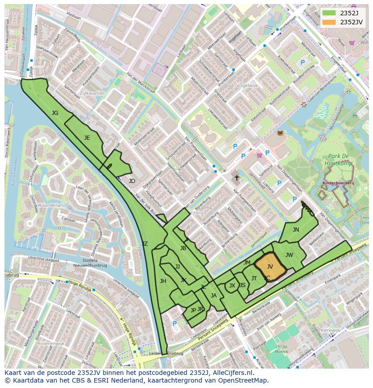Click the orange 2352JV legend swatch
coord(329,22)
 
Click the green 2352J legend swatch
coord(329,13)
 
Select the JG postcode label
coord(55,113)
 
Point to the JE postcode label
coord(87,138)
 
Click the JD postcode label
coord(132,181)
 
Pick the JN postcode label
coord(296,230)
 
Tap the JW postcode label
coord(289,255)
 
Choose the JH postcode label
coord(163,281)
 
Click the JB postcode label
coord(183,248)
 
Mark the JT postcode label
coord(254,278)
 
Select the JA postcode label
coord(214,296)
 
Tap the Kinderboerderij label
coord(338,184)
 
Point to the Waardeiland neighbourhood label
coord(51,205)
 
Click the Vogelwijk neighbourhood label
coord(246,85)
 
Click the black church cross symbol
coord(237,178)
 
